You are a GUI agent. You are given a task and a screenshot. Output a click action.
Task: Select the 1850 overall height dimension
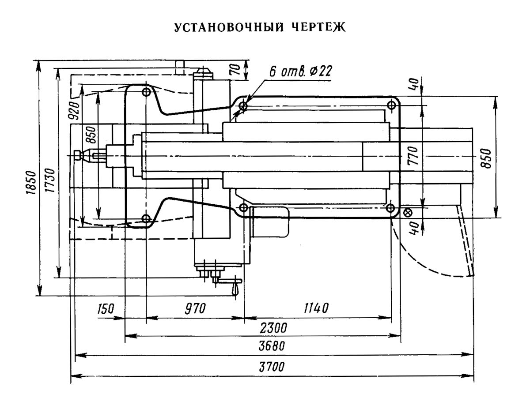(30, 180)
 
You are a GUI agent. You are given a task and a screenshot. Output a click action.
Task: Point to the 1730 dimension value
(49, 180)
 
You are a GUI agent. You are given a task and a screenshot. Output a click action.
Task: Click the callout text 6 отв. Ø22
(300, 72)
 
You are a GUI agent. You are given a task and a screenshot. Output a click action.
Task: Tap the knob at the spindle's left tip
(78, 155)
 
